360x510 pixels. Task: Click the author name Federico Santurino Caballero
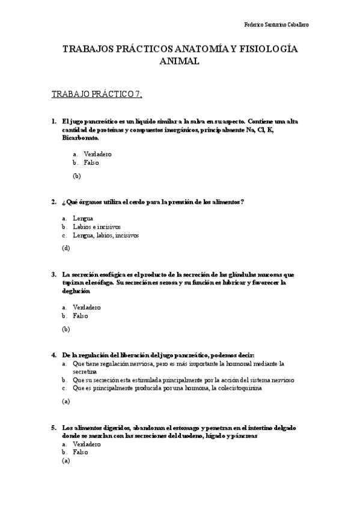point(277,25)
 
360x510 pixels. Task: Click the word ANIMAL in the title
point(180,61)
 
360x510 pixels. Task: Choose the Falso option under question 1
point(91,162)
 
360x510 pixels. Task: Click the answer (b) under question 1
point(76,176)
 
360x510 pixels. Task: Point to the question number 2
point(54,201)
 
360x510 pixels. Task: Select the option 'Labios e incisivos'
point(97,227)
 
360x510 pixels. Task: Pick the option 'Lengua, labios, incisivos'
point(105,236)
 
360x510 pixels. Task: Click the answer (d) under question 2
point(66,248)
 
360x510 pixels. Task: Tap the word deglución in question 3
point(77,291)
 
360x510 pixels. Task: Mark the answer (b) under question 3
point(66,329)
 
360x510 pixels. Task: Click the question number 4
point(54,355)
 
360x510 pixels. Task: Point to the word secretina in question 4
point(84,372)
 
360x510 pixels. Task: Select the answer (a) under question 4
point(66,401)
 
